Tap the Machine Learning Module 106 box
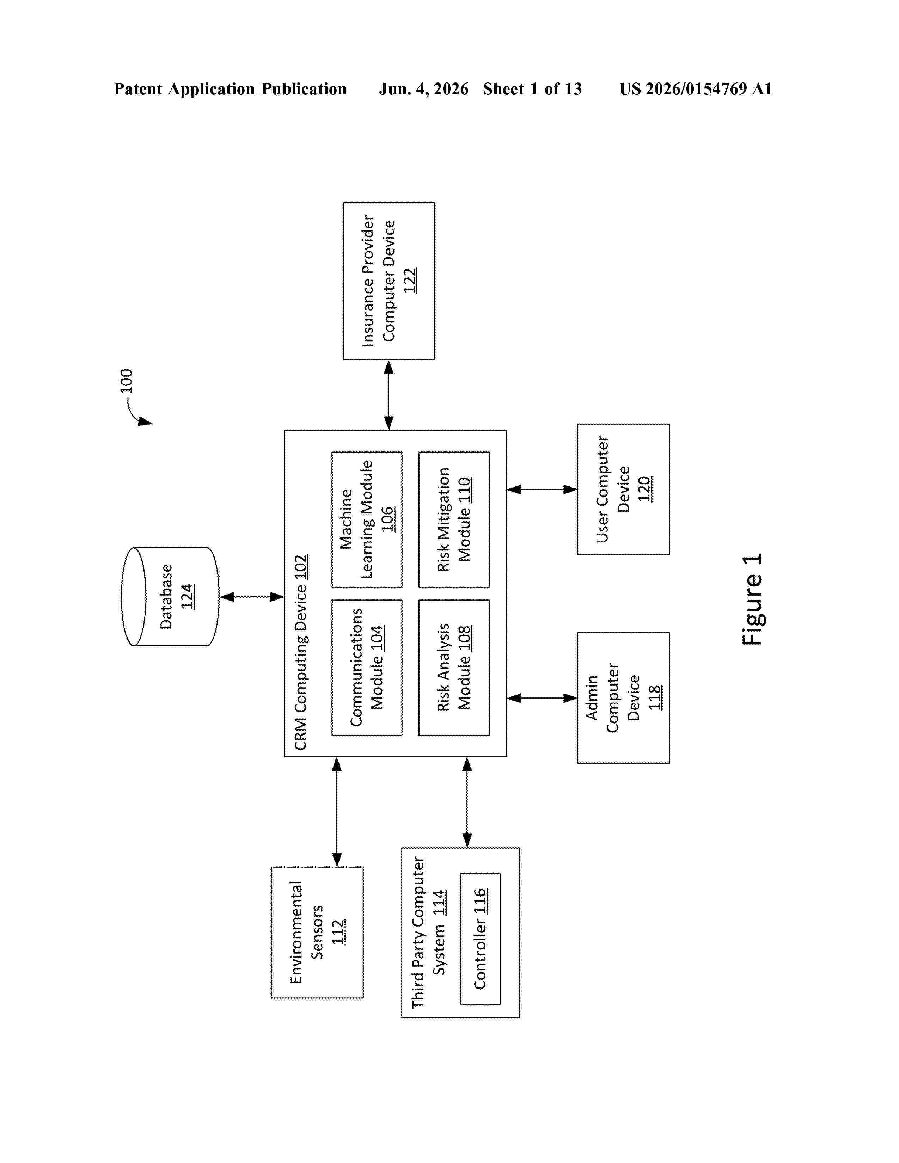point(367,520)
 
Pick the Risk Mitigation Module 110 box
point(454,520)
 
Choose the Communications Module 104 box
point(367,668)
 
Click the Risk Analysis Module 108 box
point(454,668)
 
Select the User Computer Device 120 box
point(623,490)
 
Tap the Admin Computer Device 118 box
point(623,698)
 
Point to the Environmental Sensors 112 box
point(317,933)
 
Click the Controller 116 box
point(480,939)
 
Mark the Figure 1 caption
point(752,599)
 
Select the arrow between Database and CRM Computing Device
point(251,597)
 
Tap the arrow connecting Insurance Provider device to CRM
point(389,395)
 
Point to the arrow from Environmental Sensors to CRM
point(337,812)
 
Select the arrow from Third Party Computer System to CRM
point(467,802)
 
